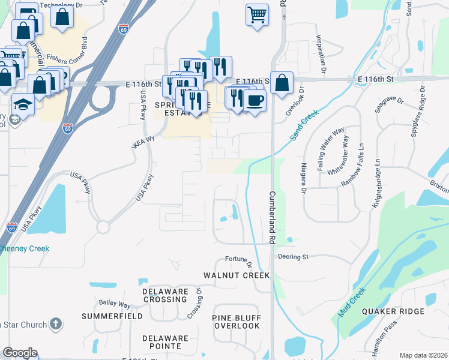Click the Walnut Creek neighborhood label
(237, 275)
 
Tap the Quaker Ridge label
(393, 311)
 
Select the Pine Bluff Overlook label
(236, 321)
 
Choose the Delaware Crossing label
(165, 295)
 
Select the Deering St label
(293, 257)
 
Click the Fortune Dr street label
(236, 259)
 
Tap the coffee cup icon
(255, 100)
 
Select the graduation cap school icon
(23, 104)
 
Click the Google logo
(20, 353)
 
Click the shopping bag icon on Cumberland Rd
(282, 82)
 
